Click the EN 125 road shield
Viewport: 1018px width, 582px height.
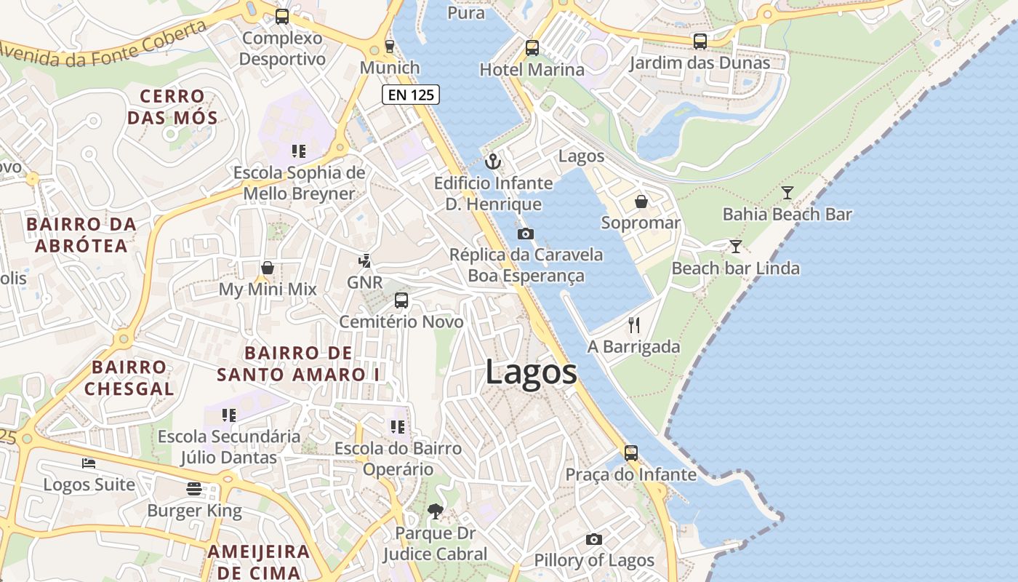click(411, 94)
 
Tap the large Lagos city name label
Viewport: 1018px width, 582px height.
click(531, 372)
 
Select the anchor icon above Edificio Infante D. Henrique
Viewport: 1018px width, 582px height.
click(493, 161)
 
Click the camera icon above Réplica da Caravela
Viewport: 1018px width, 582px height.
click(525, 234)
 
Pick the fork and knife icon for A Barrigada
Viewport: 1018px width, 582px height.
click(634, 325)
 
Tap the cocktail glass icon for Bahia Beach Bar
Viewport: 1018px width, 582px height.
click(787, 193)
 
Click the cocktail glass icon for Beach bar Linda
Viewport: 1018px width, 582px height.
click(736, 247)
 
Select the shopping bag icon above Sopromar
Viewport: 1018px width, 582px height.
click(641, 202)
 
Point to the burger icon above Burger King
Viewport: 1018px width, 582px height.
click(194, 489)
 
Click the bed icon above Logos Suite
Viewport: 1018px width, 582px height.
click(89, 463)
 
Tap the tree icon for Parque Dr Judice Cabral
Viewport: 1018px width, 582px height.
click(435, 511)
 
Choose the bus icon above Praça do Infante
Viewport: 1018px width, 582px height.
click(631, 453)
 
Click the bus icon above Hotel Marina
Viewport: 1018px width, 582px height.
click(532, 48)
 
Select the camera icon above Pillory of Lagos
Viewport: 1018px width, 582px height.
click(594, 539)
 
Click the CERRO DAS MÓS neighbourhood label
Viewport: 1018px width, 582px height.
click(172, 107)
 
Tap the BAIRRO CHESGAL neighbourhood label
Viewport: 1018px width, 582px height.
click(129, 378)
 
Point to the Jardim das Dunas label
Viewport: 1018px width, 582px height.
click(700, 63)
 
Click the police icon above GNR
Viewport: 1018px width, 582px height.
click(364, 260)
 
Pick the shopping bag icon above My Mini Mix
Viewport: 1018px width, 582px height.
click(268, 268)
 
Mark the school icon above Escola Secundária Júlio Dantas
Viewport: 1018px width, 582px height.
click(229, 415)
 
